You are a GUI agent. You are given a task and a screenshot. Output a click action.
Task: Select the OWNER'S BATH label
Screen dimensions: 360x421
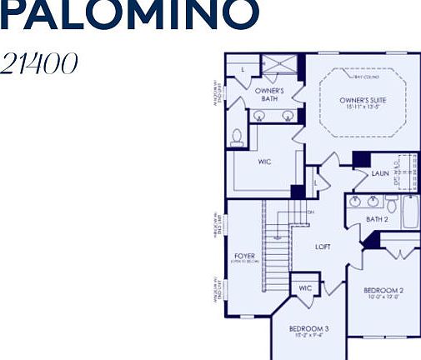click(269, 94)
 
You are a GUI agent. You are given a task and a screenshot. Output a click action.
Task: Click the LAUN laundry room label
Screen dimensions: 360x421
click(380, 173)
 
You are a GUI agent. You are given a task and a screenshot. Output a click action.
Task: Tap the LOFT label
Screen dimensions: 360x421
click(323, 247)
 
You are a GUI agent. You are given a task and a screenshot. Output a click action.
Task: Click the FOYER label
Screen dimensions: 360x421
click(244, 257)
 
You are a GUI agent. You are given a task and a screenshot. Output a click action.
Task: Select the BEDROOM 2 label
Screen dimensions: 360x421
click(383, 290)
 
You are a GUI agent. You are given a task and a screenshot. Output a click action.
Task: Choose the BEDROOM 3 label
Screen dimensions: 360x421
click(309, 329)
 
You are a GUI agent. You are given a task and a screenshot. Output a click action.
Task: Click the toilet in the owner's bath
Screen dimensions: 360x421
click(236, 137)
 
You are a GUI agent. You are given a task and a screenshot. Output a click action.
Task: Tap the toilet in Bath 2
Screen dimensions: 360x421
click(391, 202)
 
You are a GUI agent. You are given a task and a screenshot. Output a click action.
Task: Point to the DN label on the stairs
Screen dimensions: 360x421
click(310, 212)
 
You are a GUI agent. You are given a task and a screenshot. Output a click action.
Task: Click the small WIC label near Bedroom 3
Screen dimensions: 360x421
click(303, 287)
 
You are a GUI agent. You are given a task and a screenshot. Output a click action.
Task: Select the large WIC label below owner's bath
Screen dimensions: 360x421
click(264, 162)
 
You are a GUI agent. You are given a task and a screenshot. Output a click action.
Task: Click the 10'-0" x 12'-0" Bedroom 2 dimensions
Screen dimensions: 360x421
click(383, 298)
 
